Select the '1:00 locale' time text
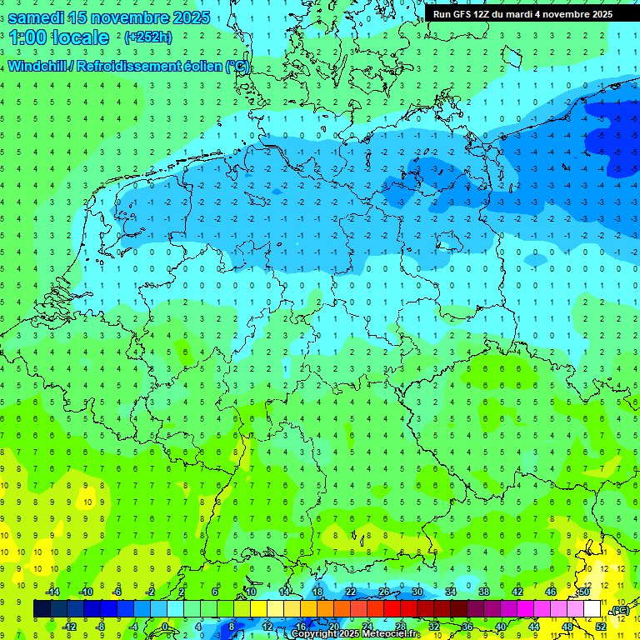[58, 37]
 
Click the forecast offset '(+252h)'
[148, 37]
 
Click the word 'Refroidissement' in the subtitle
[129, 67]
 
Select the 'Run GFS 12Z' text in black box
[462, 14]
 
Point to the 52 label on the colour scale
[601, 627]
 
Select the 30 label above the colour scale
[417, 592]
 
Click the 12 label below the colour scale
[267, 627]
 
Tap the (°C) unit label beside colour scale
[620, 610]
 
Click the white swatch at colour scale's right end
[592, 609]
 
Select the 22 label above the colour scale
[351, 592]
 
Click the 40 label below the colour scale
[501, 627]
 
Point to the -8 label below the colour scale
[101, 627]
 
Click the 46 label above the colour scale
[551, 592]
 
